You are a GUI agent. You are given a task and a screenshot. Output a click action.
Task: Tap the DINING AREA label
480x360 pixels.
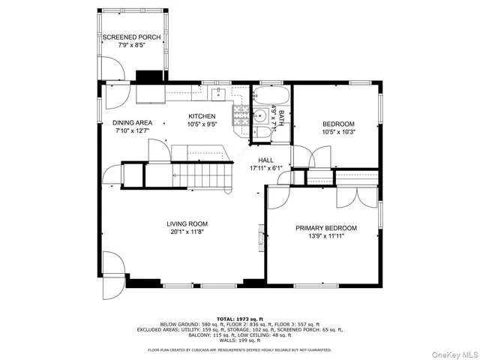(x=133, y=122)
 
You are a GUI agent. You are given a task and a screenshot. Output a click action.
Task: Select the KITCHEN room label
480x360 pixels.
(x=202, y=116)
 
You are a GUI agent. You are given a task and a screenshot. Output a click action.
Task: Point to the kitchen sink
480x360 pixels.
(x=217, y=94)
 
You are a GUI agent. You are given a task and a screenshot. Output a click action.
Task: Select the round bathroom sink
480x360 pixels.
(x=258, y=115)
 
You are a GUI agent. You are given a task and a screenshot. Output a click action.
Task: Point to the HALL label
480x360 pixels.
(x=265, y=160)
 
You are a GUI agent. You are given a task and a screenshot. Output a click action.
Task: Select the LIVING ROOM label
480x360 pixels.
(x=187, y=223)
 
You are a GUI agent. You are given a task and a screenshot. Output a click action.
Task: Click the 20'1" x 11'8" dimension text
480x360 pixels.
(x=187, y=232)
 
